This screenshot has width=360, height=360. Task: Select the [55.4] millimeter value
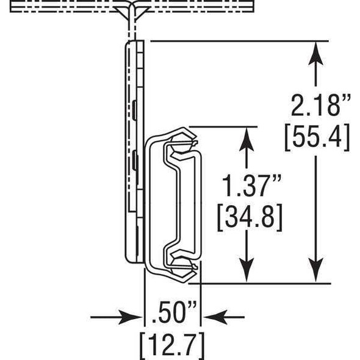point(316,137)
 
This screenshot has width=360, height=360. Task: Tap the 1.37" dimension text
point(246,186)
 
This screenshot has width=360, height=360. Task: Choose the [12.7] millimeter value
point(172,345)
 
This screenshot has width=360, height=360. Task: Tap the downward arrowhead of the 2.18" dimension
point(315,272)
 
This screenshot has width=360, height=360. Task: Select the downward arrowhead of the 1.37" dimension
point(246,272)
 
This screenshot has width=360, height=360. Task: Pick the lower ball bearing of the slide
point(181,264)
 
